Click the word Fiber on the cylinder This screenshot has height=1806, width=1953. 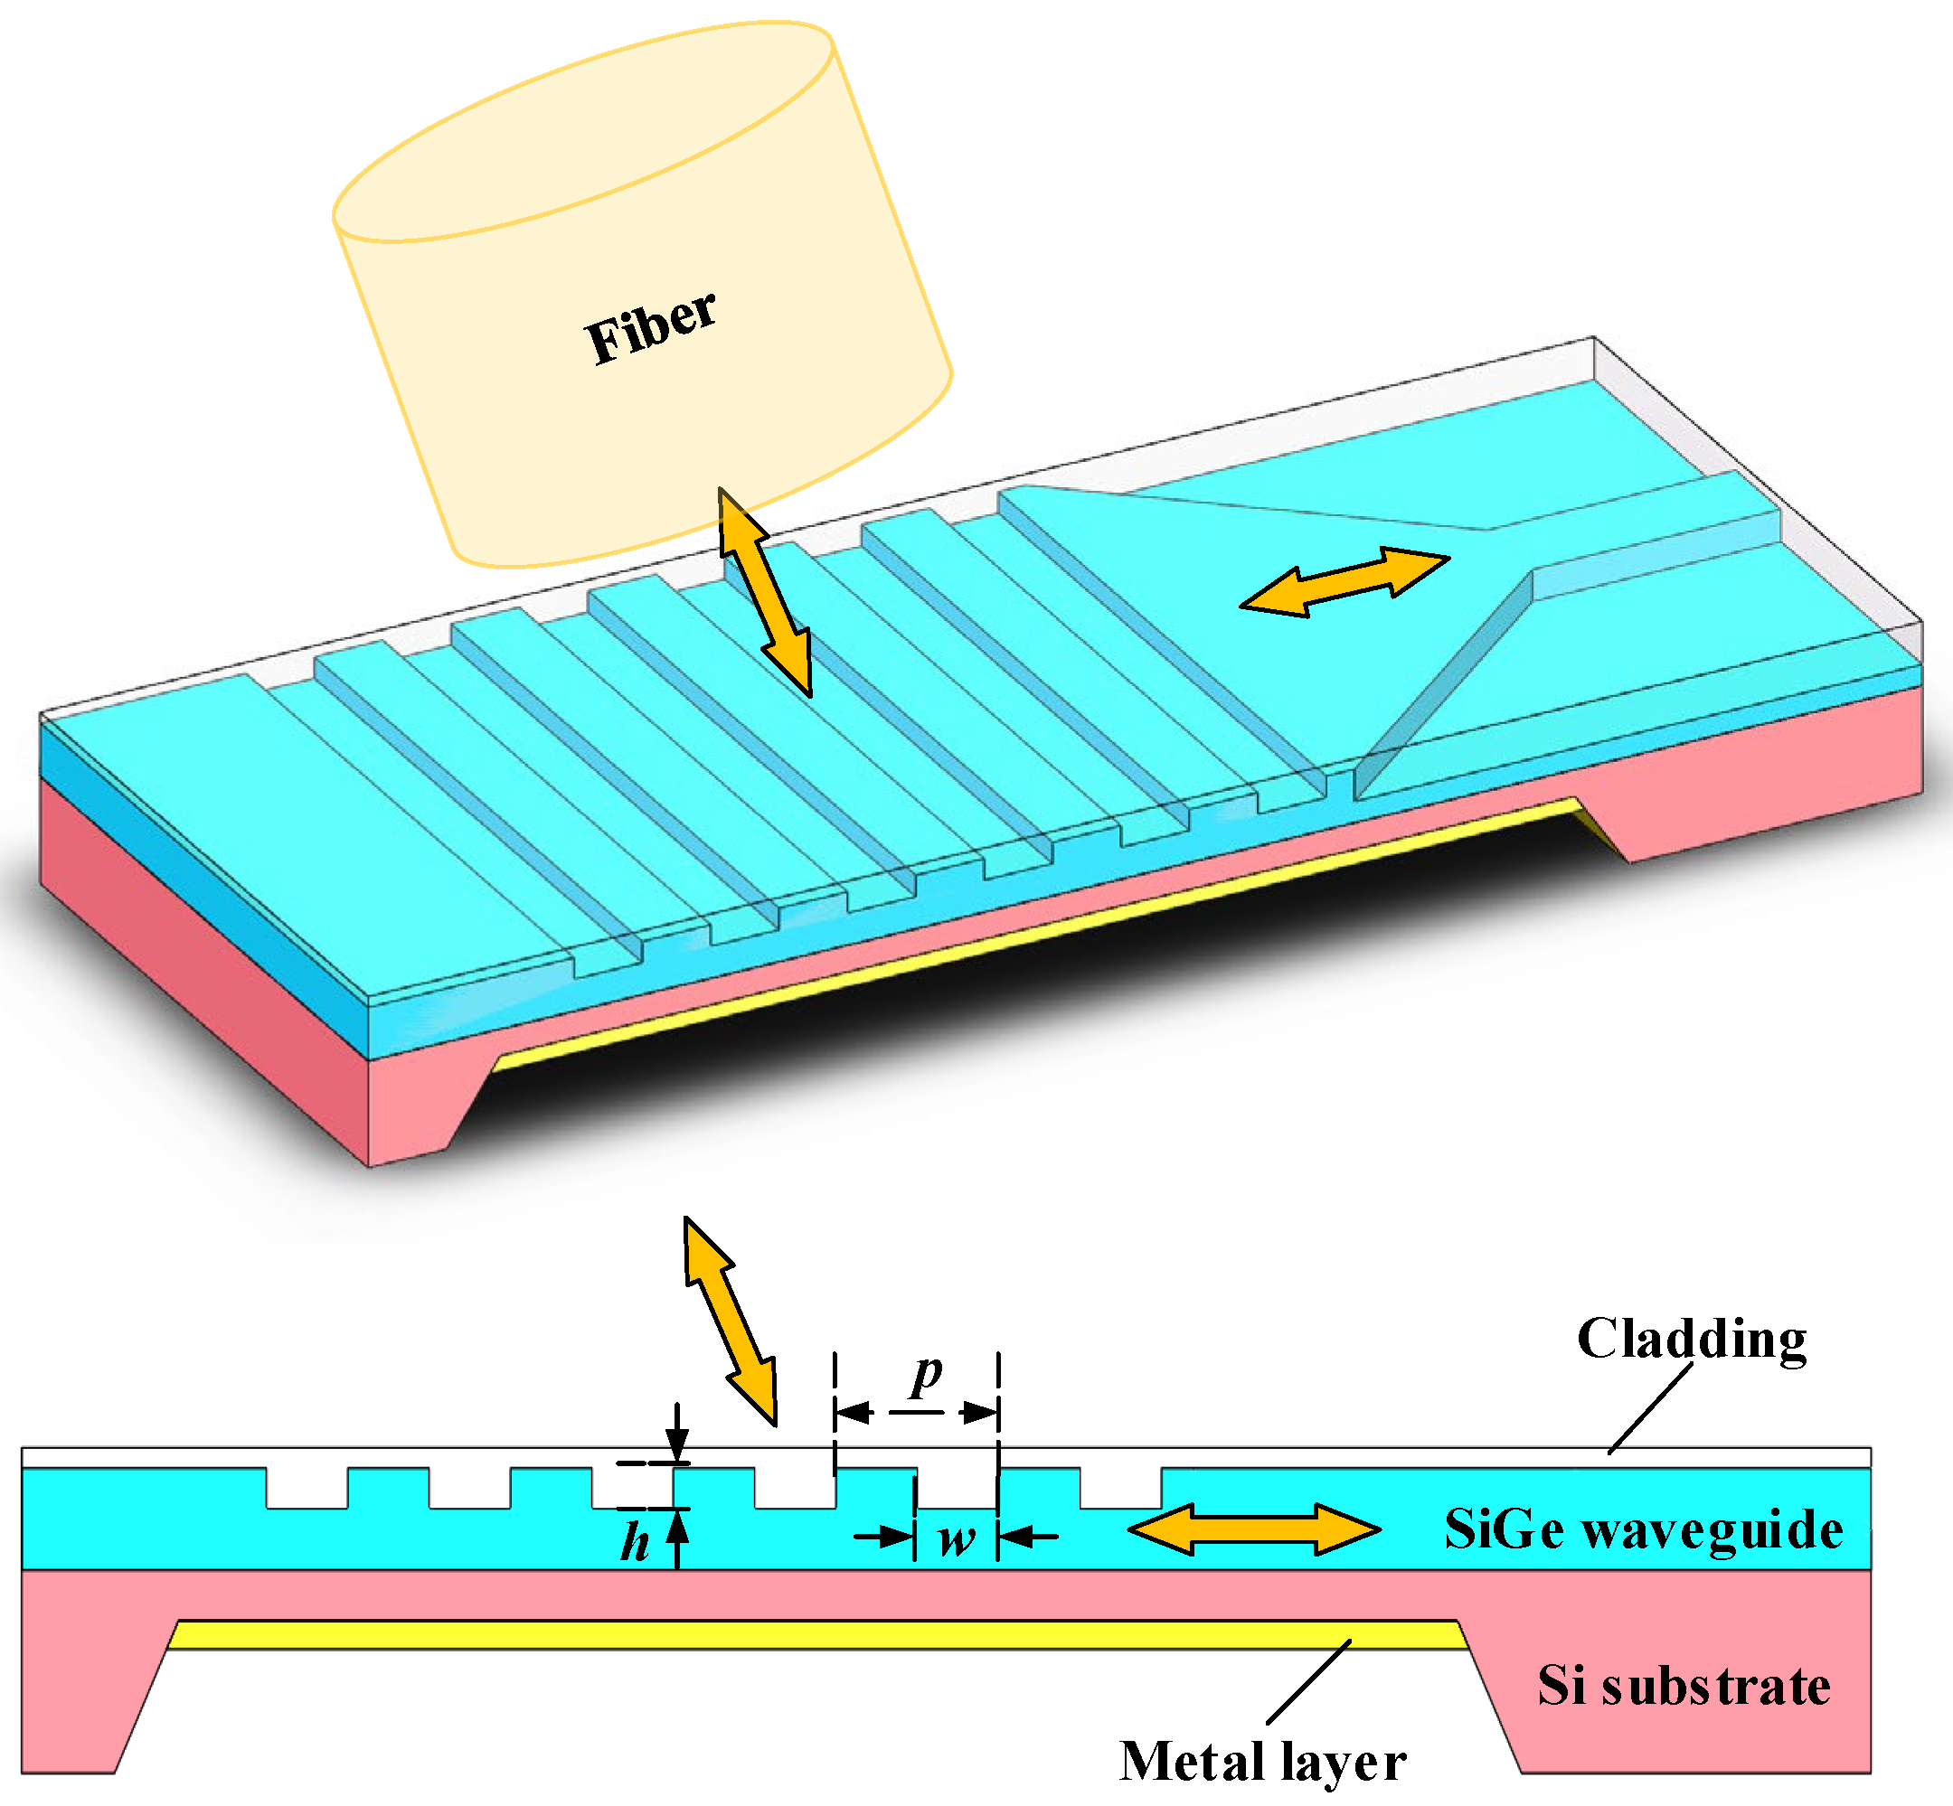[650, 326]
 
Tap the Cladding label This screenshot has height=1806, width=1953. [1691, 1339]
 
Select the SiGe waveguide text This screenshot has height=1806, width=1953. [1643, 1529]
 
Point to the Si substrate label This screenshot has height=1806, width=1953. [1684, 1686]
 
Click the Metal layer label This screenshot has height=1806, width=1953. [1262, 1761]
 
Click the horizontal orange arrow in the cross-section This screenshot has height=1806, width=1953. [1254, 1529]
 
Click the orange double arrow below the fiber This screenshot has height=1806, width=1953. [764, 591]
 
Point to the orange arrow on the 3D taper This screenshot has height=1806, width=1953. [1345, 581]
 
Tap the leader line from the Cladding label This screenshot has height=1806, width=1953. [1650, 1407]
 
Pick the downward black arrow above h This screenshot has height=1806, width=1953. [676, 1433]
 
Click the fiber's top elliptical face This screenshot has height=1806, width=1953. [583, 132]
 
